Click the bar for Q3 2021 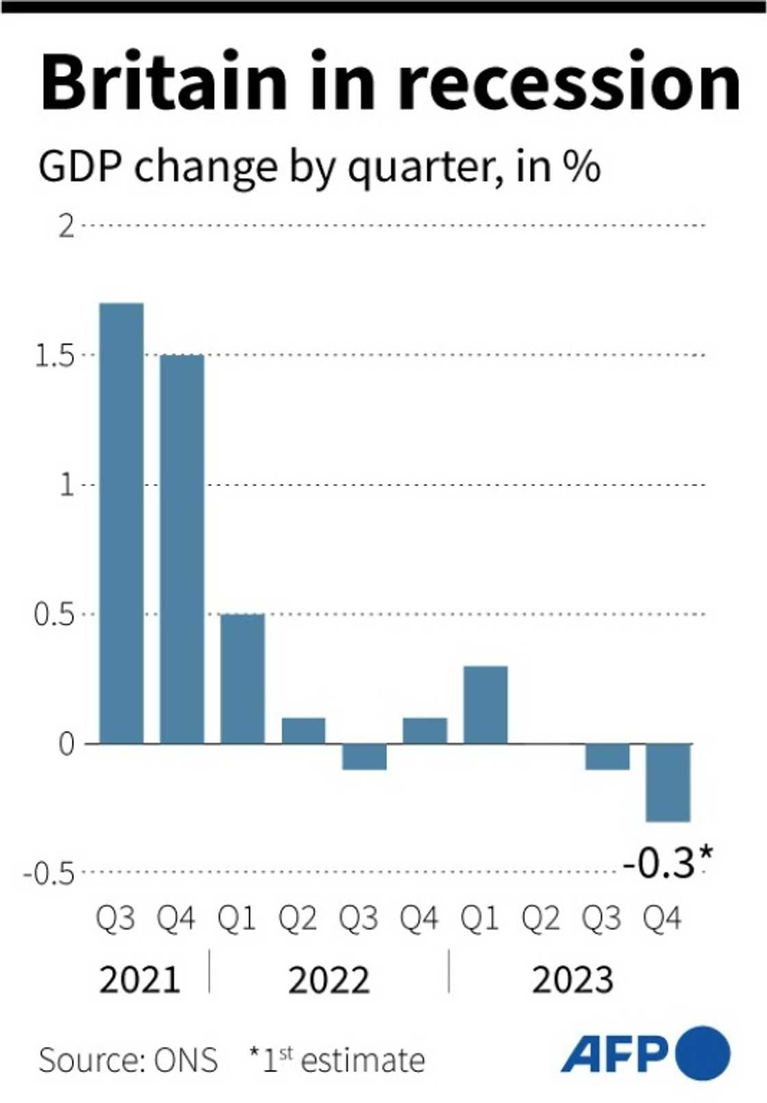click(121, 523)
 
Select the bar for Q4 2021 click(181, 549)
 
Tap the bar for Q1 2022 click(242, 679)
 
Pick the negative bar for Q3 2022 click(364, 757)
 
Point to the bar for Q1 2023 click(486, 705)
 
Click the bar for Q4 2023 click(668, 783)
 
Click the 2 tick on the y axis click(66, 226)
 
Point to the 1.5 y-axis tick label click(55, 356)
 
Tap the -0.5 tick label click(49, 874)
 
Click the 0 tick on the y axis click(66, 744)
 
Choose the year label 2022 click(329, 980)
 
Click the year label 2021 click(140, 980)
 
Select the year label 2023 click(573, 980)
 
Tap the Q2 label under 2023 click(540, 918)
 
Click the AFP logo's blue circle click(703, 1052)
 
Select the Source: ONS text click(128, 1061)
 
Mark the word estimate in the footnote click(363, 1061)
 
